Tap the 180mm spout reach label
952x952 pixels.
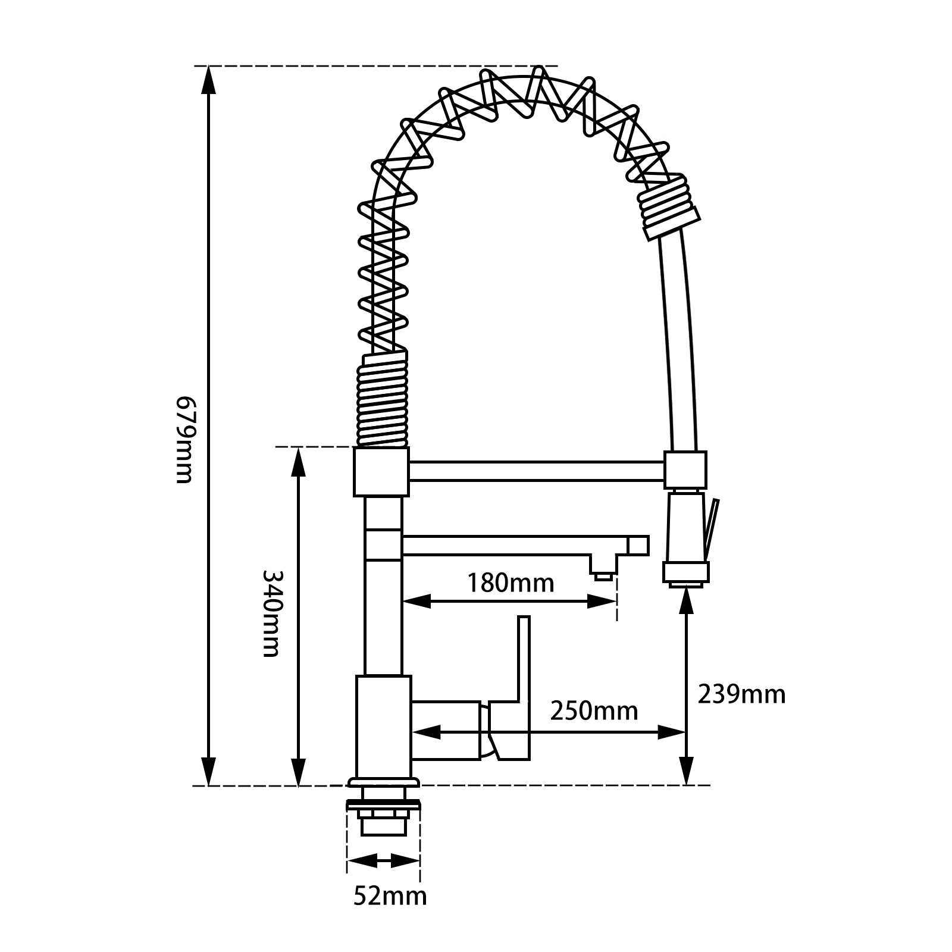click(510, 583)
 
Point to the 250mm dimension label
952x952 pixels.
click(594, 710)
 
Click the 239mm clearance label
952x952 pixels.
click(741, 694)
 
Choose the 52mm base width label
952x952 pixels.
click(390, 912)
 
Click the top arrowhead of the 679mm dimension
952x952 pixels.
click(208, 80)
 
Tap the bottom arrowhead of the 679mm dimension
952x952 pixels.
click(208, 771)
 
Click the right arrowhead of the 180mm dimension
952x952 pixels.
click(601, 602)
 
